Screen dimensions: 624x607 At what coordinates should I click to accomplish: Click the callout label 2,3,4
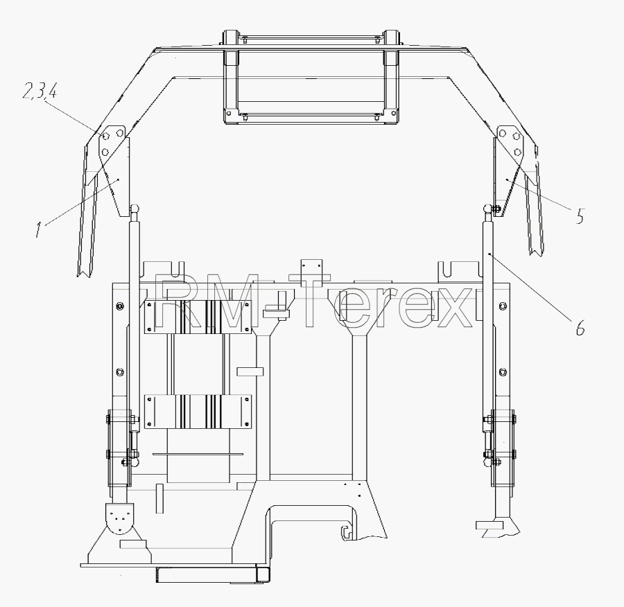[x=40, y=91]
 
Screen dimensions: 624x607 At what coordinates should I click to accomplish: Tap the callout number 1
[x=38, y=230]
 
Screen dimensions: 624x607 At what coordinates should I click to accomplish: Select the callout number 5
[x=580, y=216]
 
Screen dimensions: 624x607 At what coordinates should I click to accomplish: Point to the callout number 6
[x=580, y=327]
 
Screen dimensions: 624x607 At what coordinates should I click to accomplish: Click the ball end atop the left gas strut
[x=135, y=208]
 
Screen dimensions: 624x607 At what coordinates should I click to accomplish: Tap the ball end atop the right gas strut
[x=487, y=208]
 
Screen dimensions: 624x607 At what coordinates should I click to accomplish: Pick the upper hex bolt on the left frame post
[x=120, y=306]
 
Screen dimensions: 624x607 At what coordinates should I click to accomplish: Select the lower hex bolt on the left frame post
[x=120, y=372]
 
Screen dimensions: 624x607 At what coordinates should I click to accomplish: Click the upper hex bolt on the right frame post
[x=502, y=306]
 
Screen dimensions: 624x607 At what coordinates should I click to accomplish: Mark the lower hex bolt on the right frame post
[x=502, y=372]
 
